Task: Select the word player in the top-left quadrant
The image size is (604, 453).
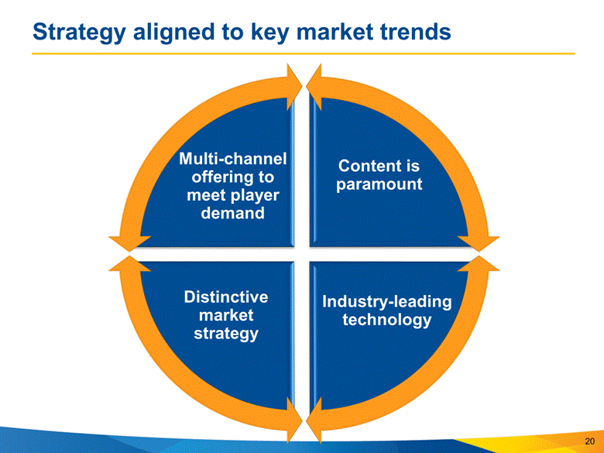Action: [x=250, y=194]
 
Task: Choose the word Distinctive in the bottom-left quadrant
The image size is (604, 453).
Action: [x=225, y=297]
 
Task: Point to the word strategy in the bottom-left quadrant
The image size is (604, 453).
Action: [x=225, y=333]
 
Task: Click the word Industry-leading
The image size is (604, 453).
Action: [x=386, y=301]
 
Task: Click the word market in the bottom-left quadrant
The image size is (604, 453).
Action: [x=225, y=315]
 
